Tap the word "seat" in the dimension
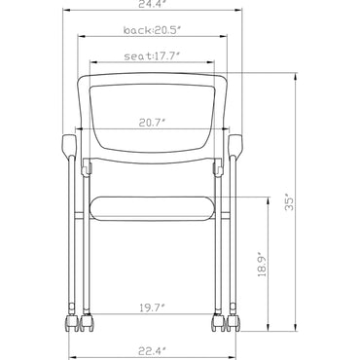click(x=135, y=55)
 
